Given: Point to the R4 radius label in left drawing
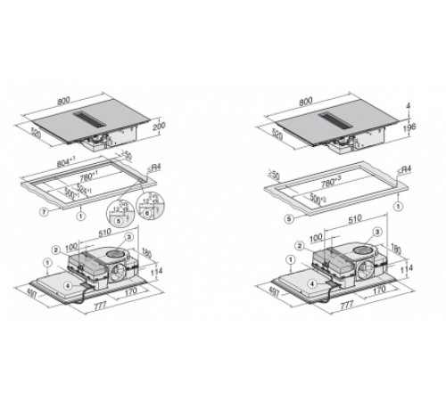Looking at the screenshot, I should [158, 167].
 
